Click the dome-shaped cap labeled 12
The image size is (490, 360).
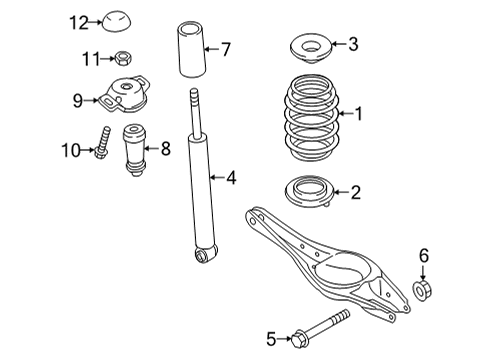click(116, 22)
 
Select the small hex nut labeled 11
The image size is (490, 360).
click(123, 58)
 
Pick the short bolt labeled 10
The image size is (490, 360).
click(103, 143)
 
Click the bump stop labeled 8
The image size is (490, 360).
click(135, 149)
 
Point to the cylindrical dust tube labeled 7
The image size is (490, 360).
click(191, 49)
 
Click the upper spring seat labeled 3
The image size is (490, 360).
click(311, 48)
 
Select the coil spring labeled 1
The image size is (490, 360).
click(311, 118)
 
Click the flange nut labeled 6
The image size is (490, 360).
click(422, 290)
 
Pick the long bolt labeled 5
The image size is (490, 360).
click(320, 329)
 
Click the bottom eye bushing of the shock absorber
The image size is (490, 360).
click(206, 254)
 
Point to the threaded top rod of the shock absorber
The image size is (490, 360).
click(196, 113)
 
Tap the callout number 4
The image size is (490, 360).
click(231, 178)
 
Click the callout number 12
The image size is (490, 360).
click(79, 23)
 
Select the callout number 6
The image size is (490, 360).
click(424, 256)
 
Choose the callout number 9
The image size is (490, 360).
click(78, 100)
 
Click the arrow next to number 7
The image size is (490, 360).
click(211, 49)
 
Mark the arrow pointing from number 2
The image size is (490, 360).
click(341, 192)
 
